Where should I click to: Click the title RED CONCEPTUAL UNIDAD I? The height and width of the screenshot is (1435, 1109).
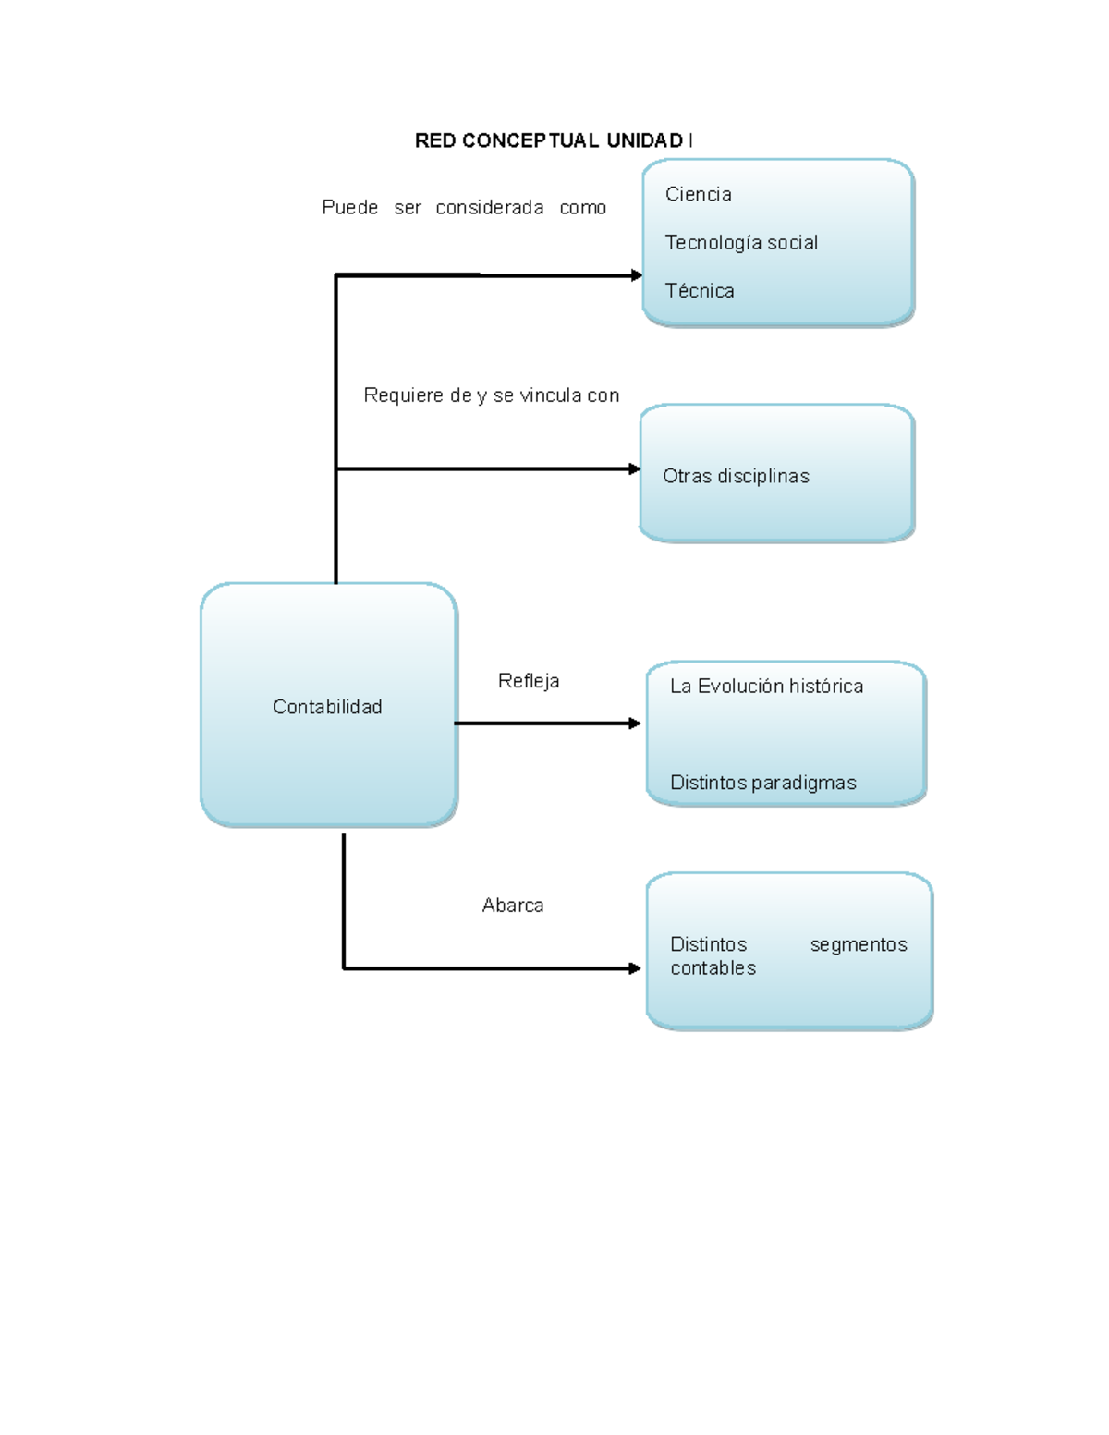(x=553, y=140)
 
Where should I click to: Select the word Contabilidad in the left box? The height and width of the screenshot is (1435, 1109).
(x=327, y=707)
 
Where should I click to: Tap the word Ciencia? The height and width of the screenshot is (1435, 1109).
(x=699, y=194)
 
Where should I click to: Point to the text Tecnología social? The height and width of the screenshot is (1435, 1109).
(x=741, y=242)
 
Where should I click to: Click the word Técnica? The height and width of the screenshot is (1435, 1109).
(x=700, y=291)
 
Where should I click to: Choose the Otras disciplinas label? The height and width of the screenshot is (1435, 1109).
(x=736, y=476)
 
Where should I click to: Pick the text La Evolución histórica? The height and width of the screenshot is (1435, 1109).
(x=766, y=686)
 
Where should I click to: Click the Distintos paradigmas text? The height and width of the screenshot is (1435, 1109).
(x=762, y=783)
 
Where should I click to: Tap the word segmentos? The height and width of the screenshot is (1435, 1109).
(x=859, y=944)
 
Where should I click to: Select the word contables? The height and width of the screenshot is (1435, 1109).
(x=713, y=967)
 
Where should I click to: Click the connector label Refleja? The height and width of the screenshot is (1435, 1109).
(x=529, y=681)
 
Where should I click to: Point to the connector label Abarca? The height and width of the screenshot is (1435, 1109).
(x=513, y=906)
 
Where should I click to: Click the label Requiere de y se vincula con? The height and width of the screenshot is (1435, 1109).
(x=492, y=395)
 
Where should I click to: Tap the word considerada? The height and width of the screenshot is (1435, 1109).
(x=490, y=208)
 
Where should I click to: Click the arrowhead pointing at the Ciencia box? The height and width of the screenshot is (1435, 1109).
(x=636, y=275)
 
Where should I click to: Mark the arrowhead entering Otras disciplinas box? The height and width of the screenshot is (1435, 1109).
(x=634, y=469)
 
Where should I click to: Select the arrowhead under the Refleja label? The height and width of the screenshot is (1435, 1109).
(x=634, y=724)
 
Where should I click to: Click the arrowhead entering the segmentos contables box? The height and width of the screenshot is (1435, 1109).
(x=634, y=968)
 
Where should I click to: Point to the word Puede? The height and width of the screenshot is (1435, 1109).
(x=349, y=208)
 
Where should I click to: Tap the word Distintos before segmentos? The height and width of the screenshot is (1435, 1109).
(x=708, y=944)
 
